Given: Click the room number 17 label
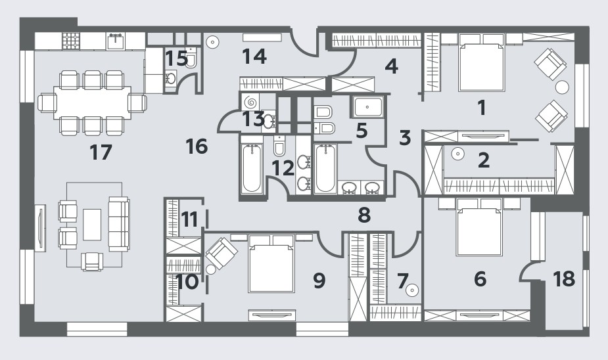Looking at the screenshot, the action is (101, 152).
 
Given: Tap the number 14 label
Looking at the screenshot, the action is (254, 56).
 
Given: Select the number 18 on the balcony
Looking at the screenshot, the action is (564, 279).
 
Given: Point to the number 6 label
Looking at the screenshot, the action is (480, 279).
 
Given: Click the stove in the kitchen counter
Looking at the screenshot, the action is (71, 40).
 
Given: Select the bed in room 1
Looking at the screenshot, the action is (481, 63).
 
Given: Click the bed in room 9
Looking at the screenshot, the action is (271, 263).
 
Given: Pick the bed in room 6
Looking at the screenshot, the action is (480, 227).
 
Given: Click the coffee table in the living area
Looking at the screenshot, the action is (92, 225).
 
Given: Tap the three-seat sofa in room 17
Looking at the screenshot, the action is (119, 224).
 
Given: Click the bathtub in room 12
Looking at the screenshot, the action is (251, 168).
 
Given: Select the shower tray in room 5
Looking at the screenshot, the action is (367, 106).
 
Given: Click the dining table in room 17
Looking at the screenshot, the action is (92, 102).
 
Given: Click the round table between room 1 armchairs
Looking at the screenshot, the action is (562, 87).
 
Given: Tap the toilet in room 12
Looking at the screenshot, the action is (279, 145).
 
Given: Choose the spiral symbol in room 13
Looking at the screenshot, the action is (251, 102).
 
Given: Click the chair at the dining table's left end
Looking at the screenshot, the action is (47, 103).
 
